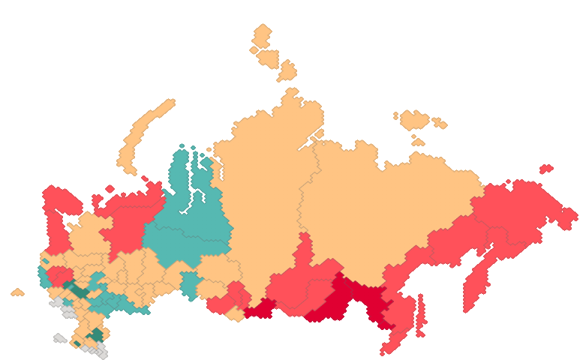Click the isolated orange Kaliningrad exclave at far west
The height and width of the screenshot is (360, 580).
[x=17, y=292]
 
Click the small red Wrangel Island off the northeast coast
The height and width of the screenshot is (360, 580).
[x=546, y=169]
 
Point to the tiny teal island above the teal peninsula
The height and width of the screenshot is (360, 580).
[x=182, y=146]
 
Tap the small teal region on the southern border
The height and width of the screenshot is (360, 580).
[x=191, y=283]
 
